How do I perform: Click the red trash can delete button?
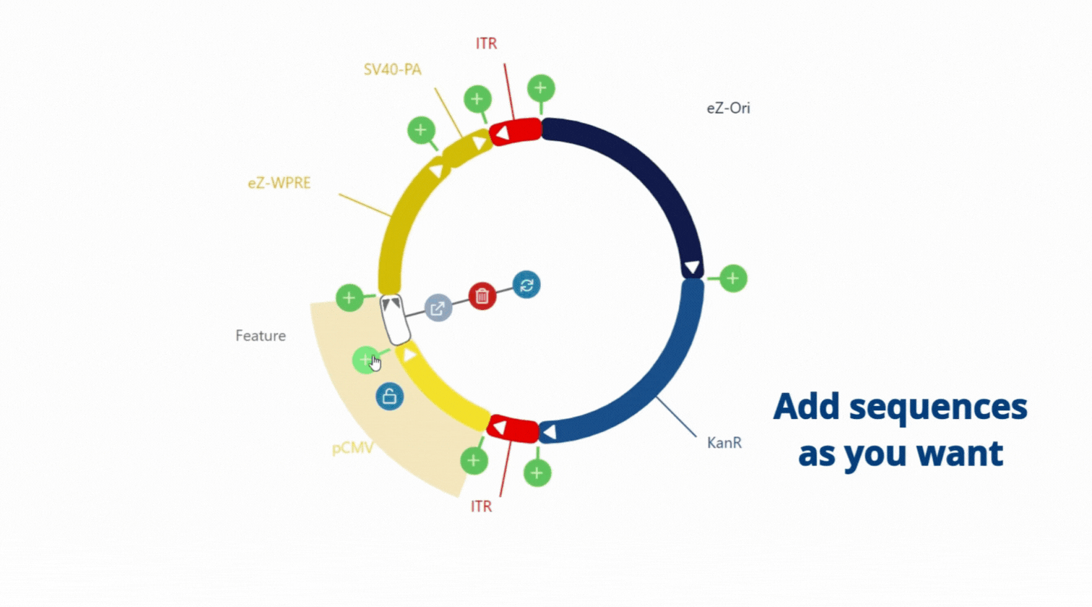[482, 296]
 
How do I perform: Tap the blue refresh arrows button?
[526, 285]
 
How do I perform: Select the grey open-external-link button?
[438, 308]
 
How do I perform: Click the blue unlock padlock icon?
[389, 396]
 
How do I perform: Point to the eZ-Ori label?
[728, 108]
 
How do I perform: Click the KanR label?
[724, 443]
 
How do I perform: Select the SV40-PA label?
[392, 69]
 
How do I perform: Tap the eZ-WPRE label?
[279, 183]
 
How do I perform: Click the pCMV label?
[352, 448]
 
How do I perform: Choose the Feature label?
[261, 336]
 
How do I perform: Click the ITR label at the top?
[487, 43]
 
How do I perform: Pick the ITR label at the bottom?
[481, 507]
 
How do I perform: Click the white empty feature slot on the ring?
[395, 319]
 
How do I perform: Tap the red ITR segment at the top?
[515, 132]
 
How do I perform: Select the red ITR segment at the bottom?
[513, 429]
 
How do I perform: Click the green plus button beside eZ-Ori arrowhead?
[733, 279]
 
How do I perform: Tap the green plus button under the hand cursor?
[365, 360]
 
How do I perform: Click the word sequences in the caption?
[938, 408]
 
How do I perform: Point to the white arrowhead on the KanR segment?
[550, 432]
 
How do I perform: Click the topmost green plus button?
[541, 88]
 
